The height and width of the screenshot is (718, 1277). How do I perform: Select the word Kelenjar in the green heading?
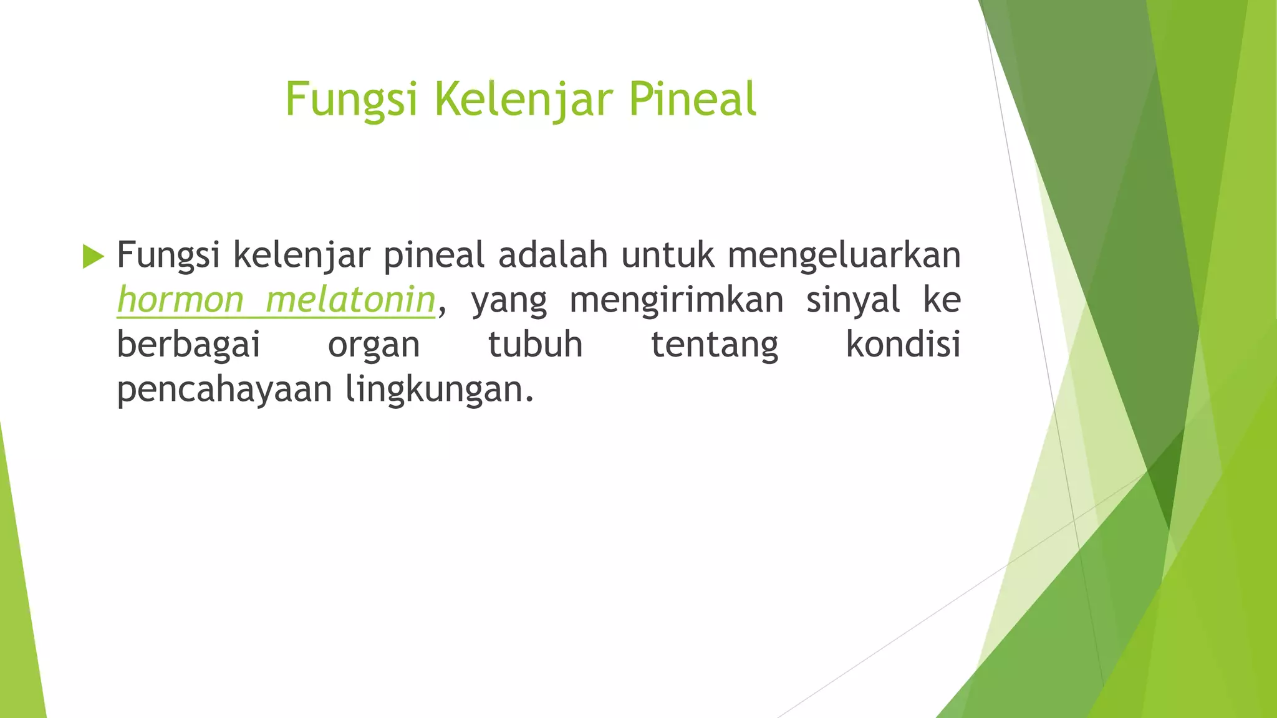(523, 100)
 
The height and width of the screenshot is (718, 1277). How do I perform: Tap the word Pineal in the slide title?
(692, 100)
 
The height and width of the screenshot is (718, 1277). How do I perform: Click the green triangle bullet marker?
(94, 256)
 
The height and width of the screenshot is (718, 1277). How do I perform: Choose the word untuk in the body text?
(668, 255)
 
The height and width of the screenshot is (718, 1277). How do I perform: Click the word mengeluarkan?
(844, 256)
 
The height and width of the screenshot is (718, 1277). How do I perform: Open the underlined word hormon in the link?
(180, 300)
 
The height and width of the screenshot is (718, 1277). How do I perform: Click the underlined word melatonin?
(350, 300)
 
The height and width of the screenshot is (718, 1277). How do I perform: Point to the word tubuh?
(535, 345)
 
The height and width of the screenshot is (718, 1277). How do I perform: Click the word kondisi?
(903, 345)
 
